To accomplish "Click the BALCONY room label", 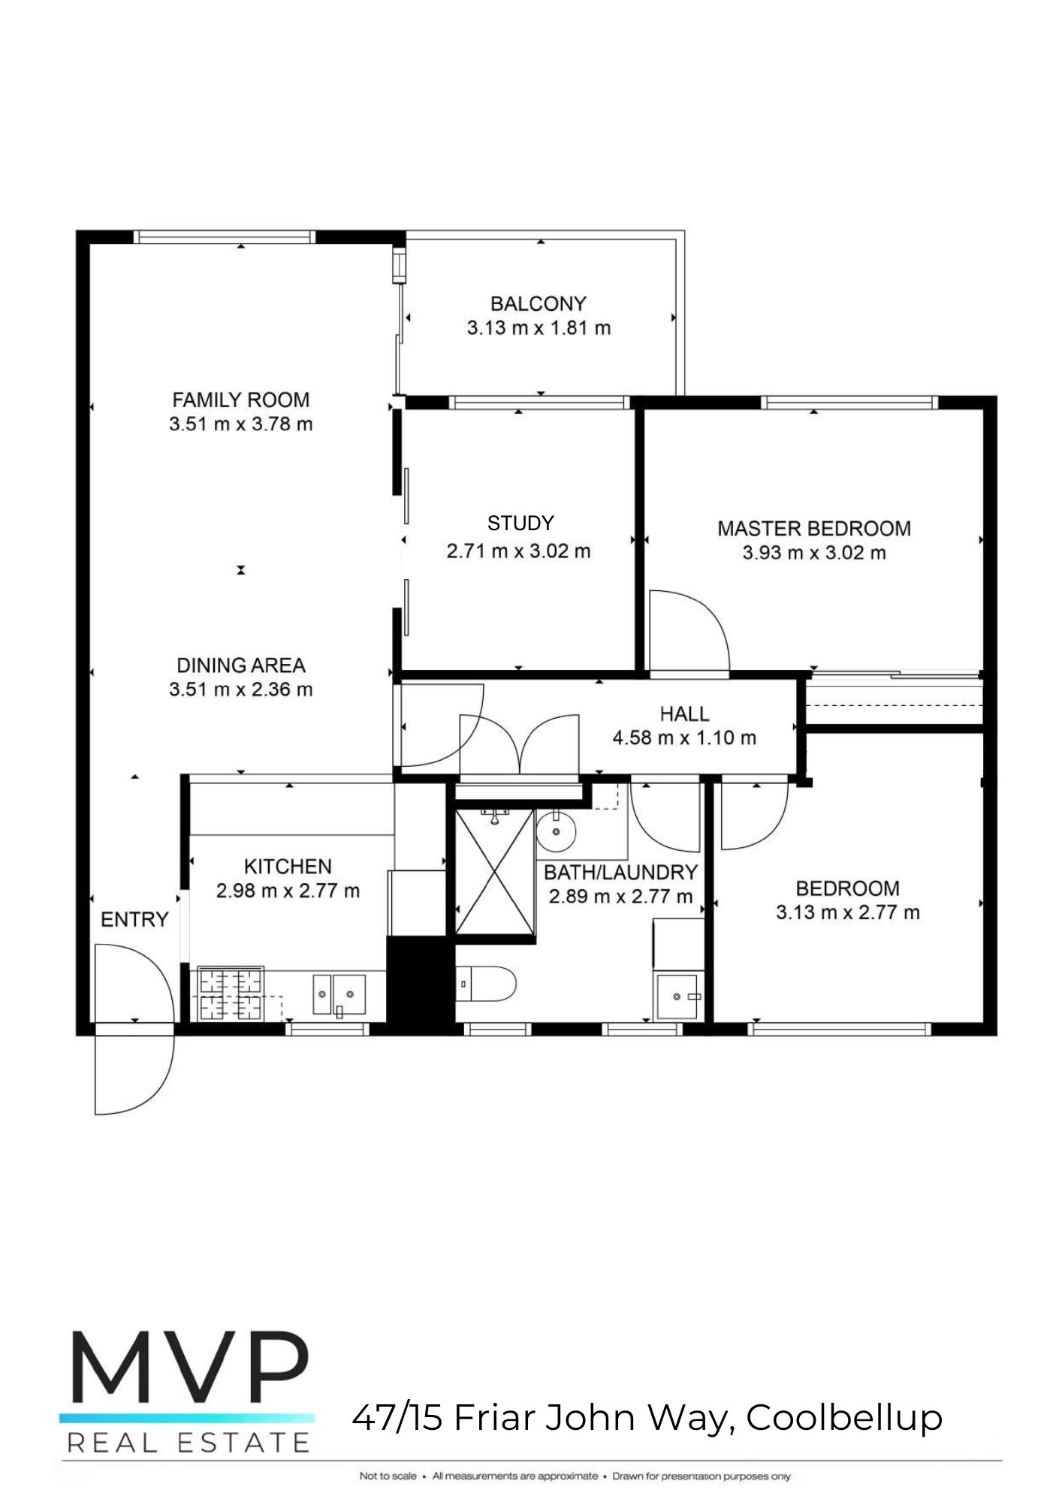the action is coord(538,304).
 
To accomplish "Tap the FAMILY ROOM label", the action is coord(240,400).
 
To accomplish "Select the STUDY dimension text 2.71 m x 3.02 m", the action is coord(518,551).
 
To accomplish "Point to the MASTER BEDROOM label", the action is coord(814,529).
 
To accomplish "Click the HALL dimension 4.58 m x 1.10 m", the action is coord(684,738).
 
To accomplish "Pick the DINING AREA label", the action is coord(240,665).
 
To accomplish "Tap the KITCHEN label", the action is coord(288,867).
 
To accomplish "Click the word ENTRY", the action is coord(134,919).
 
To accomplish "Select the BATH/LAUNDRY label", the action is coord(620,873).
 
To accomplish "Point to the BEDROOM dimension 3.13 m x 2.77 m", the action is coord(847,912).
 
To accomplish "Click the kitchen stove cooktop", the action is coord(230,994).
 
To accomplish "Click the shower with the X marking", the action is coord(495,872).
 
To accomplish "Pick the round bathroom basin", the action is coord(556,831).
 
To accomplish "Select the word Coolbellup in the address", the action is coord(844,1418).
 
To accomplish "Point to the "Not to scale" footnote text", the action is coord(388,1476).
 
